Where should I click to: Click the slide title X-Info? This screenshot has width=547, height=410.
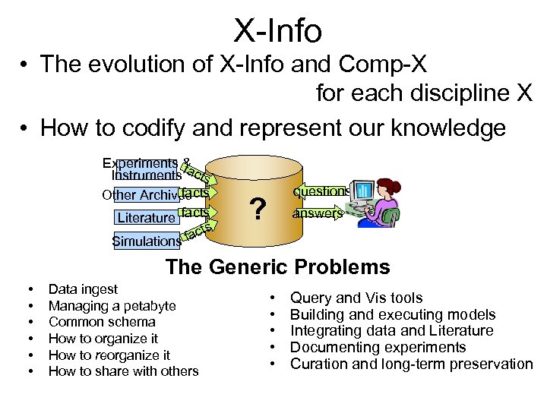tap(277, 31)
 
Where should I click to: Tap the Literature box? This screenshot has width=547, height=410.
tap(146, 218)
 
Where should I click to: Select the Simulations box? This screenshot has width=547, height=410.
tap(146, 241)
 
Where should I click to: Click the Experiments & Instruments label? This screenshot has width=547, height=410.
tap(144, 169)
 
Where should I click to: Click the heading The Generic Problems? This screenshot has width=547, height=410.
tap(277, 267)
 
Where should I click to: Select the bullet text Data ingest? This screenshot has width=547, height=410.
tap(83, 289)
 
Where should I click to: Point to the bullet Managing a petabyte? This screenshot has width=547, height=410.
tap(112, 306)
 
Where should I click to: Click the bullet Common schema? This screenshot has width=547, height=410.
tap(101, 322)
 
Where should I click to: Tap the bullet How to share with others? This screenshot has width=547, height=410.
tap(123, 371)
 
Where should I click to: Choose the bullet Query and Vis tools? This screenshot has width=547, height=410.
tap(356, 298)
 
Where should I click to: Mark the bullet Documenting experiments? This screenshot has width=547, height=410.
tap(378, 348)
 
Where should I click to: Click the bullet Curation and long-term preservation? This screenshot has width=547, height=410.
tap(411, 364)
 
